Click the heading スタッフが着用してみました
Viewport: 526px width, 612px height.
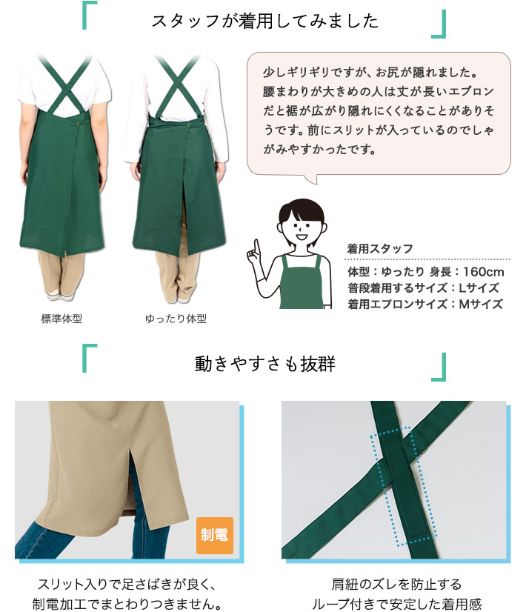point(264,21)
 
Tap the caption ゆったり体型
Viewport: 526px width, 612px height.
point(176,319)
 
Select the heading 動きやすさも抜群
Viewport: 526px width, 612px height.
point(264,364)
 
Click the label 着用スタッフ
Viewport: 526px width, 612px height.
point(380,249)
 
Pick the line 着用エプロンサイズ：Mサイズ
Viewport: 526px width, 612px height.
point(425,304)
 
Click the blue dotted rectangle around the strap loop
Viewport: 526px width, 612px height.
point(391,485)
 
